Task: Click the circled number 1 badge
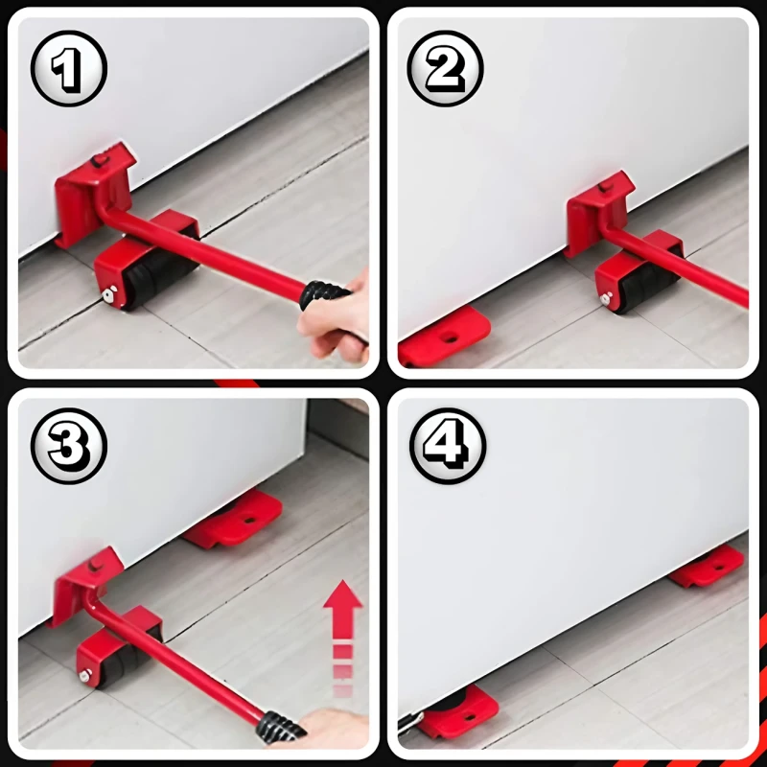68,68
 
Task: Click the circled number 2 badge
446,68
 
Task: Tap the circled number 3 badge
68,446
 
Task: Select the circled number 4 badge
448,446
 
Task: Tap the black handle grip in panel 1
324,296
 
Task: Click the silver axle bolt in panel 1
107,294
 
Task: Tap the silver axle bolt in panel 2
606,298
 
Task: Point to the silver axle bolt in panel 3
85,676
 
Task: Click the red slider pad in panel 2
444,337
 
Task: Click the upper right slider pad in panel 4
708,566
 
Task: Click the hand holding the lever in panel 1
337,318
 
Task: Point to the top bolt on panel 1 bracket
101,161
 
